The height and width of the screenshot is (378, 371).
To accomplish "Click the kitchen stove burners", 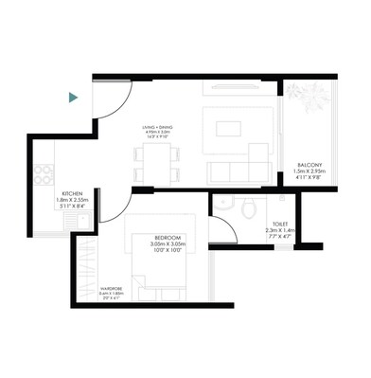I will pos(42,173).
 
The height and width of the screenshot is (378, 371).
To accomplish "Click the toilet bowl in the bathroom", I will pos(246,207).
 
